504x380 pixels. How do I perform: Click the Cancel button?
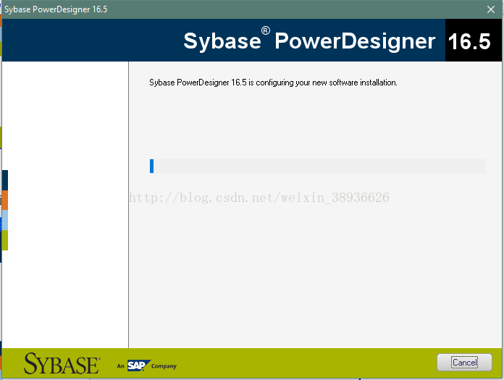[x=464, y=363]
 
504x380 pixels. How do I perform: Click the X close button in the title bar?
[x=491, y=9]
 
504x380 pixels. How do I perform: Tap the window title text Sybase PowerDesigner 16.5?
[x=56, y=9]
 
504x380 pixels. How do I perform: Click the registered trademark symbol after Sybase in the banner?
[x=266, y=30]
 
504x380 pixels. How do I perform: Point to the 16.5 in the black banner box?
[x=469, y=41]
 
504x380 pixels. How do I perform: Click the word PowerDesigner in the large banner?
[x=355, y=42]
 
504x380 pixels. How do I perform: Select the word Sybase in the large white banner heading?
[x=222, y=41]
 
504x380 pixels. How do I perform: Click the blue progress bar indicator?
[x=152, y=166]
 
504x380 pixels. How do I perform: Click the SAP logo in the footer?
[x=138, y=366]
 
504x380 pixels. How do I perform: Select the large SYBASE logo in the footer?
[x=62, y=363]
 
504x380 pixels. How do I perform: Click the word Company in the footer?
[x=164, y=366]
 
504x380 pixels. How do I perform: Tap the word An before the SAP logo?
[x=120, y=366]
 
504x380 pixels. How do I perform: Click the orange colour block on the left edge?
[x=5, y=200]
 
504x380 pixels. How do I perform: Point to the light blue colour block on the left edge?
[x=5, y=220]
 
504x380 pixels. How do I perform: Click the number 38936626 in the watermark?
[x=361, y=198]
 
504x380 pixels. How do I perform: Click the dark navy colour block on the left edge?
[x=5, y=180]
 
